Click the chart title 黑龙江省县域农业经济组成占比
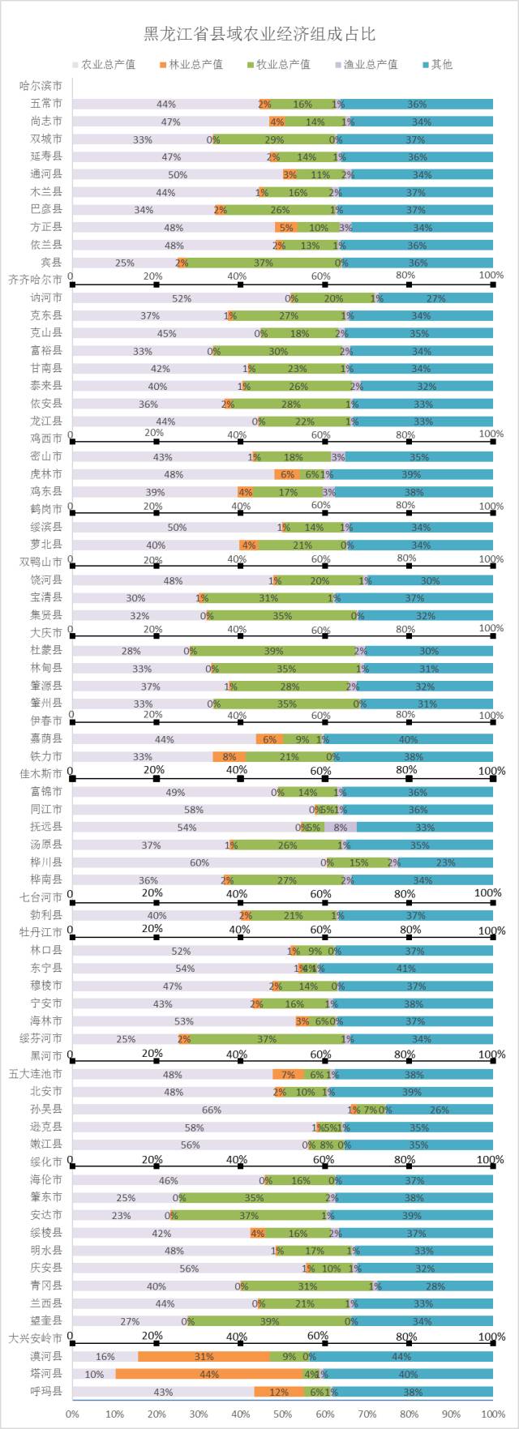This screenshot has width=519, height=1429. tap(259, 34)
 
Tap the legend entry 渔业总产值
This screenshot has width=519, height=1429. tap(370, 64)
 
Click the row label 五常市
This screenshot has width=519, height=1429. tap(46, 104)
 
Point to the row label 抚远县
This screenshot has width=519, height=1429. tap(46, 827)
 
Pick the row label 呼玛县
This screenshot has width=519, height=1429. tap(46, 1392)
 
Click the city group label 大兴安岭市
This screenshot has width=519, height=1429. tap(36, 1338)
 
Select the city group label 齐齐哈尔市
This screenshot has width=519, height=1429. tap(36, 280)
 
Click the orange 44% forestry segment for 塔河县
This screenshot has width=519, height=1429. tap(209, 1374)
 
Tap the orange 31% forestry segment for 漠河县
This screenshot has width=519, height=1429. tap(204, 1356)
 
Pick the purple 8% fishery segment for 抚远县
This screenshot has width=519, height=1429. tap(341, 827)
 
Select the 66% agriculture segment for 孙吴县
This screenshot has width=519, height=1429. tap(211, 1110)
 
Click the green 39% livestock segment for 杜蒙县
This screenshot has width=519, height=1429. tap(273, 651)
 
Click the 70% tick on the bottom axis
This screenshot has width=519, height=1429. tap(367, 1414)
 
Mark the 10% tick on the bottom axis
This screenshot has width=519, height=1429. tap(114, 1414)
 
